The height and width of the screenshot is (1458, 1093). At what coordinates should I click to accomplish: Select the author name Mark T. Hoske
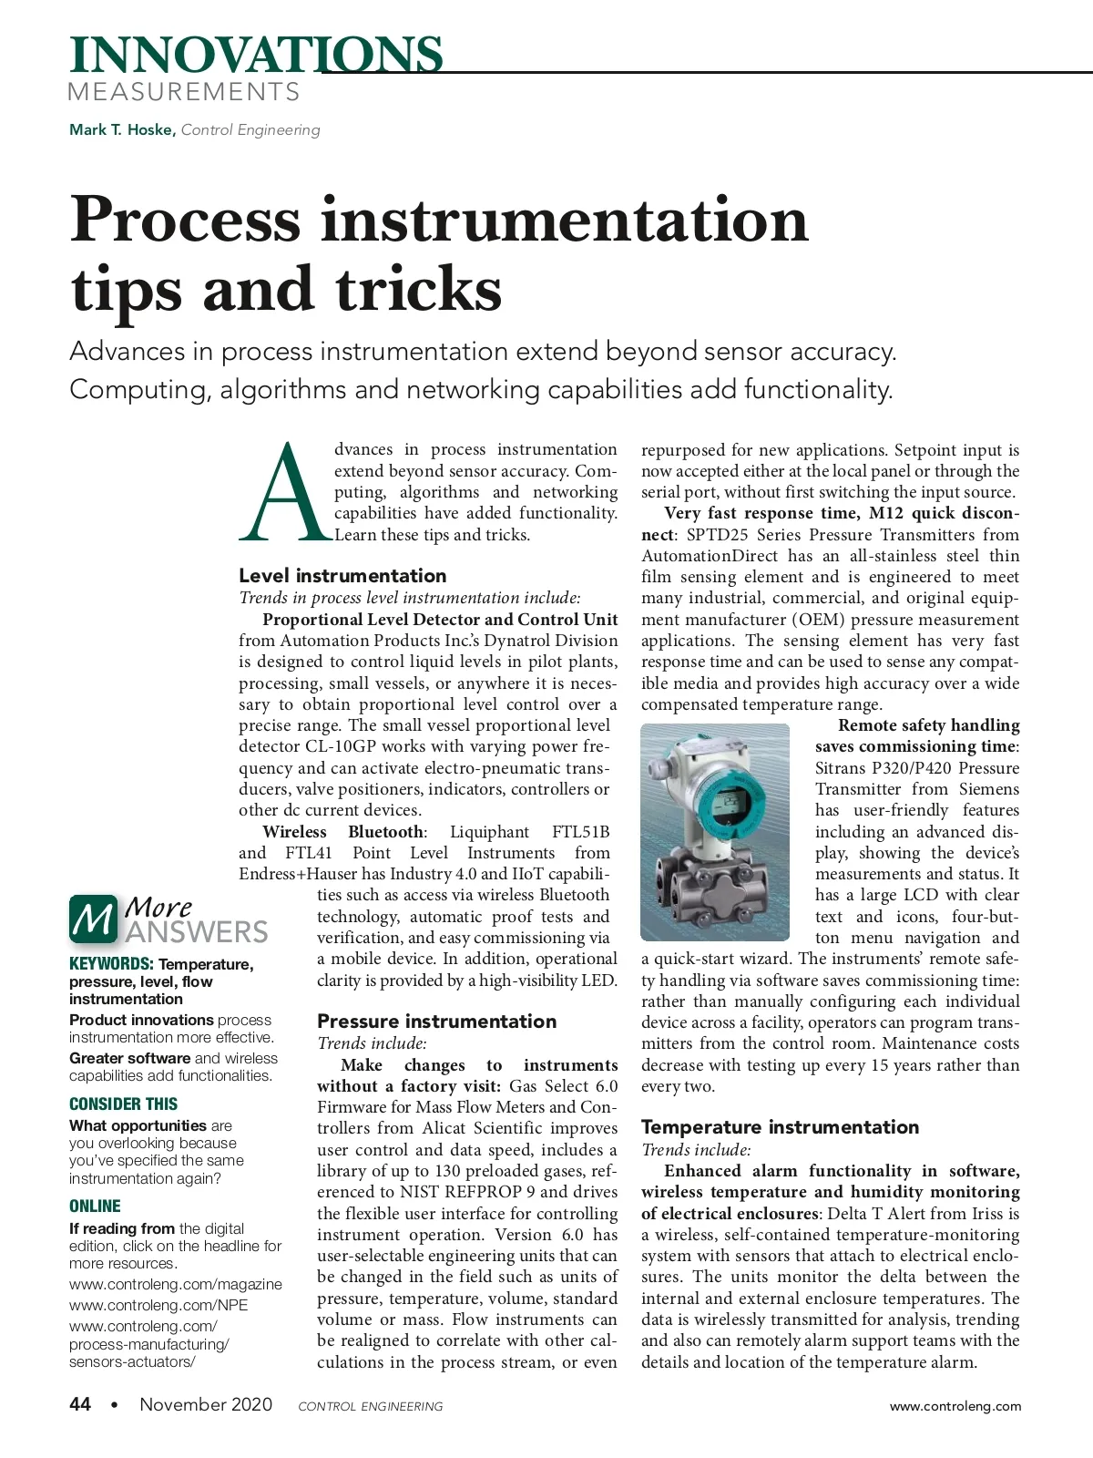(121, 129)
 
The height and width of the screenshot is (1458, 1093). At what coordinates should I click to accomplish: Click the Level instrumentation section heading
(342, 576)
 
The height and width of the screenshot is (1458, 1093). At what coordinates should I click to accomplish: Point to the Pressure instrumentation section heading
(436, 1022)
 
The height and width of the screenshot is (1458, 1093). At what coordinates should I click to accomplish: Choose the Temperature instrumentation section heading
(780, 1127)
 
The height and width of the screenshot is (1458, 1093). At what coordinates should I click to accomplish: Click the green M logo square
(93, 919)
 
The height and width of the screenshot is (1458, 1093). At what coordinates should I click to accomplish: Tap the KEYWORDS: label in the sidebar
(111, 964)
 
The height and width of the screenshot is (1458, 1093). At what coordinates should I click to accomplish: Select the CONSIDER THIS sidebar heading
(123, 1104)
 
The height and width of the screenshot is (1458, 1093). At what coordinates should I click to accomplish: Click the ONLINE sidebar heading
(95, 1206)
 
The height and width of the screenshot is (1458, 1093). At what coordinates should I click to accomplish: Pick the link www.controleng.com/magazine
(176, 1284)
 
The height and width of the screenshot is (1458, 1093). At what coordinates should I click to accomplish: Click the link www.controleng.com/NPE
(158, 1305)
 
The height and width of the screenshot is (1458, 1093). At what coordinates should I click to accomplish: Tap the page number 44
(80, 1404)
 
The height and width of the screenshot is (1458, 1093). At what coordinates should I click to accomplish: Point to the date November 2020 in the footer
(206, 1404)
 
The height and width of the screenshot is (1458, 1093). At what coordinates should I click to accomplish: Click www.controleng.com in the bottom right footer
(955, 1406)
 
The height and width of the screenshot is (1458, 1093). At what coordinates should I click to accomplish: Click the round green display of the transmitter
(728, 802)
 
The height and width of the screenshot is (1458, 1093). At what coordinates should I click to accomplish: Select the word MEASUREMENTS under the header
(183, 92)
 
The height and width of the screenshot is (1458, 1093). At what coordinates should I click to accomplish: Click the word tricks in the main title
(418, 290)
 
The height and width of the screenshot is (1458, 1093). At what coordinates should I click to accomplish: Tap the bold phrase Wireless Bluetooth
(343, 832)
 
